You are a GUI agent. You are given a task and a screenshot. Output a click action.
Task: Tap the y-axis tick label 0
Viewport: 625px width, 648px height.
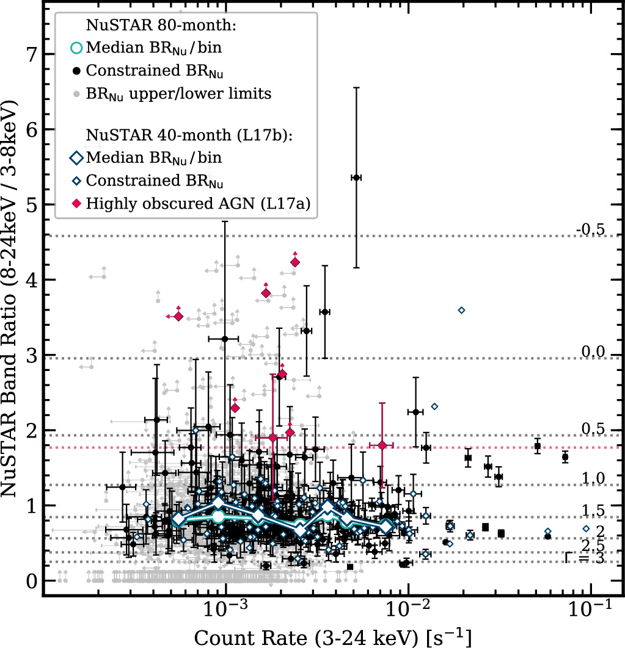click(30, 580)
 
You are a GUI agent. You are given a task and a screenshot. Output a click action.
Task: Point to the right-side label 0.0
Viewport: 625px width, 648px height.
click(591, 352)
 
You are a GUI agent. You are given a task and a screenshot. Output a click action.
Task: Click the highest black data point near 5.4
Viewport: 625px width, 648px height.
click(356, 177)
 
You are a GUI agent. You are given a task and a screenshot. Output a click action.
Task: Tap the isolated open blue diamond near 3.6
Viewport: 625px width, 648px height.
click(461, 311)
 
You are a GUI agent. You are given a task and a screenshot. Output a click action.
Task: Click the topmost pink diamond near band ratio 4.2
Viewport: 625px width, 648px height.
click(295, 262)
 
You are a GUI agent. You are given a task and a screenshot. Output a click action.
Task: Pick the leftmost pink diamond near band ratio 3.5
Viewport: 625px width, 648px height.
click(178, 316)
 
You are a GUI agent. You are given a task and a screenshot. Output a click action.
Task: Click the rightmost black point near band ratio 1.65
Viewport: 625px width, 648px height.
click(565, 457)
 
